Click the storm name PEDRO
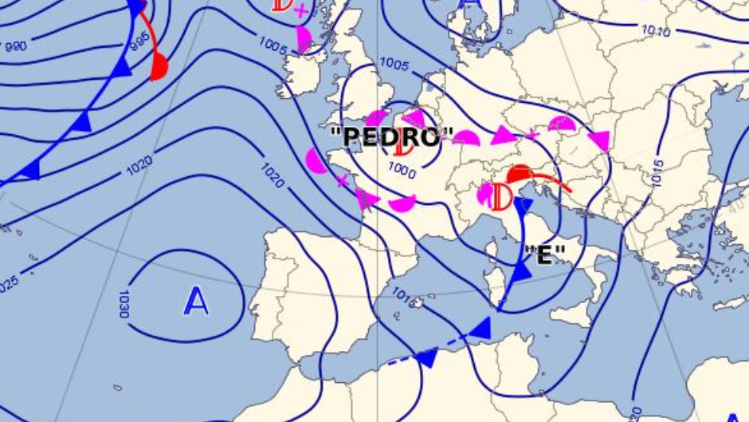[391, 136]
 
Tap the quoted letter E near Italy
[545, 254]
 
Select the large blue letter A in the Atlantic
[196, 302]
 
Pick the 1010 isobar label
[657, 31]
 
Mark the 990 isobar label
[16, 46]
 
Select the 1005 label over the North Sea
[394, 63]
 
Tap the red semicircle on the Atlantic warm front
[159, 67]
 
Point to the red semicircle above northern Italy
[520, 174]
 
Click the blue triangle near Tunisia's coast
[480, 327]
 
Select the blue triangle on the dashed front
[427, 358]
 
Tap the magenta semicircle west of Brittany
[316, 161]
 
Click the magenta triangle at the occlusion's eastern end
[600, 141]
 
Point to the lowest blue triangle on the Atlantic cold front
[30, 170]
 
